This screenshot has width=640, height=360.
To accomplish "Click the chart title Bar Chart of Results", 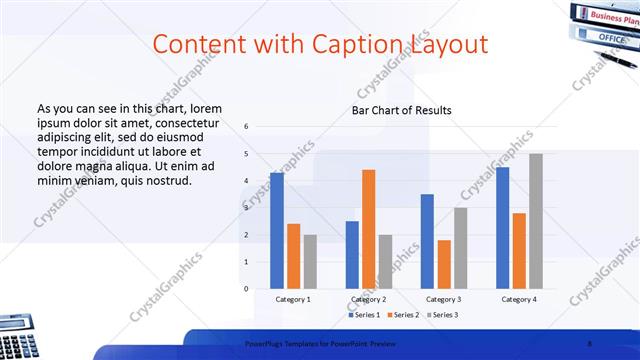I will pyautogui.click(x=401, y=110).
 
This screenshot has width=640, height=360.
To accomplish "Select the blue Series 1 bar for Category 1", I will pyautogui.click(x=277, y=230).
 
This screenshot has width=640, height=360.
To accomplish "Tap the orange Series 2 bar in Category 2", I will pyautogui.click(x=368, y=228).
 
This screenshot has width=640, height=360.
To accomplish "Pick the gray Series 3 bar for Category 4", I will pyautogui.click(x=536, y=220).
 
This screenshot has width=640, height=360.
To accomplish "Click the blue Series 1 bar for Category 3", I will pyautogui.click(x=427, y=240).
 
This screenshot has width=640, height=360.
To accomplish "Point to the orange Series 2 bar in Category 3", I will pyautogui.click(x=443, y=263).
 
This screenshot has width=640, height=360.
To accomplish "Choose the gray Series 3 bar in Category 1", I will pyautogui.click(x=310, y=261).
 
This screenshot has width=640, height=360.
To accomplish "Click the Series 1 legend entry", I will pyautogui.click(x=363, y=315).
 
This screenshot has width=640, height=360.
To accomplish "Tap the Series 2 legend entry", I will pyautogui.click(x=404, y=315).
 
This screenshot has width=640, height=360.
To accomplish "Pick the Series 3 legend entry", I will pyautogui.click(x=444, y=315).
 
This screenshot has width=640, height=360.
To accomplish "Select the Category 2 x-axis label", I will pyautogui.click(x=368, y=299).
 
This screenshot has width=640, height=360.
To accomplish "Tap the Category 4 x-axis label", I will pyautogui.click(x=518, y=299).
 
